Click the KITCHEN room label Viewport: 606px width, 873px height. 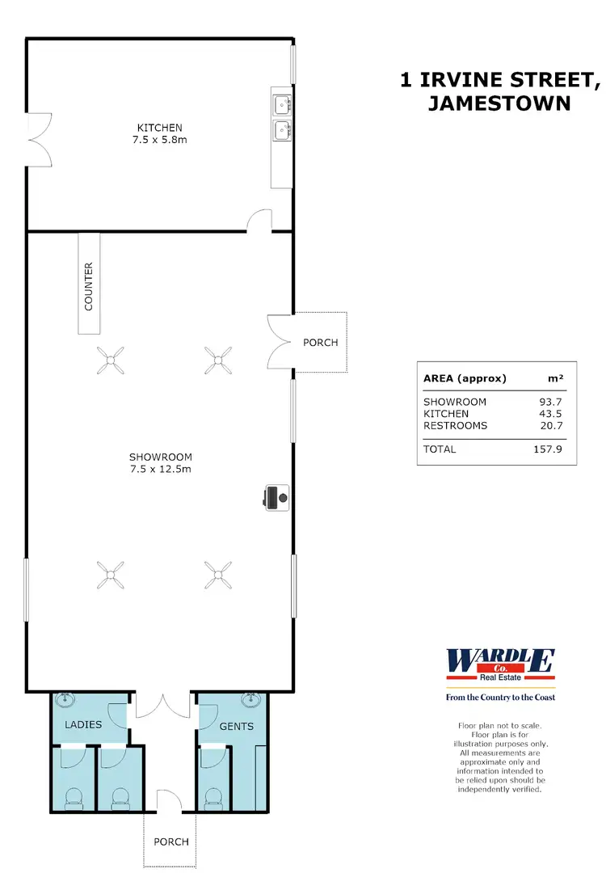[159, 128]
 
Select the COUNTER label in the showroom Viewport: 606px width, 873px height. [89, 286]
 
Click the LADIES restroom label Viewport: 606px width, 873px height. [83, 724]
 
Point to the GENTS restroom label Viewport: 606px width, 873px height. [237, 726]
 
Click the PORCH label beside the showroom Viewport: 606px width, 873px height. [320, 343]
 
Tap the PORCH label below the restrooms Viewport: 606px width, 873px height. [171, 841]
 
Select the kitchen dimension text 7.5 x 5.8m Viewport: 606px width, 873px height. [159, 140]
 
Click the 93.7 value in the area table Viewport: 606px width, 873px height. [552, 402]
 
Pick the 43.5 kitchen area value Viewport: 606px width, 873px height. [552, 414]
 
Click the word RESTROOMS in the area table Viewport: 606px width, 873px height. [455, 425]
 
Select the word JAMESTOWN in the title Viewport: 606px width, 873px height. [500, 103]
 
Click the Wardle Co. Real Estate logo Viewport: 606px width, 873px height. [500, 664]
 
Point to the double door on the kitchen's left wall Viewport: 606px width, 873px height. [36, 139]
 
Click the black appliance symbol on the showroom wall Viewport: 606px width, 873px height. [275, 497]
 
